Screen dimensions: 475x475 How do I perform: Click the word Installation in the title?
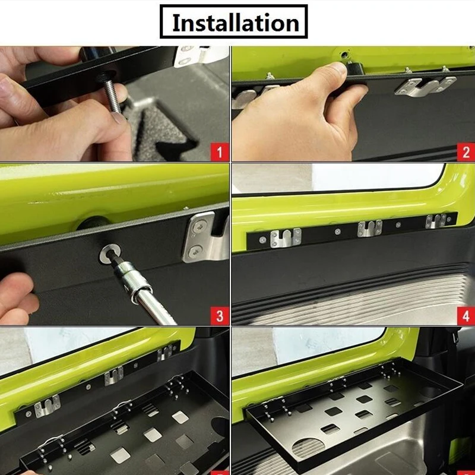(236, 23)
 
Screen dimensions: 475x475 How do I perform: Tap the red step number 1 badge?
(220, 152)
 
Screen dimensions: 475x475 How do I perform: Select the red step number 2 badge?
(465, 152)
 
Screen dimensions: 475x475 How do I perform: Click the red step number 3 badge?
(220, 316)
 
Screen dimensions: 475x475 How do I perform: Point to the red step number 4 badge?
(465, 316)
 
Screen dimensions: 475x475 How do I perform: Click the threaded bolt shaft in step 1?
(113, 96)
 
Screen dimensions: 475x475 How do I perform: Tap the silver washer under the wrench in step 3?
(110, 253)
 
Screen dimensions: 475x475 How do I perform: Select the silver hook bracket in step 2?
(425, 85)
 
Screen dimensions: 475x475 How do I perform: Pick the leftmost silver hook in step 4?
(286, 238)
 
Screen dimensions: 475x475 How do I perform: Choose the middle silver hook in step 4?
(369, 228)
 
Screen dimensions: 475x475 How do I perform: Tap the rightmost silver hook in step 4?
(436, 221)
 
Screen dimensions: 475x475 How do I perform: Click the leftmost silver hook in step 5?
(47, 406)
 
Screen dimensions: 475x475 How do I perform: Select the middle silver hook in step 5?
(114, 376)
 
